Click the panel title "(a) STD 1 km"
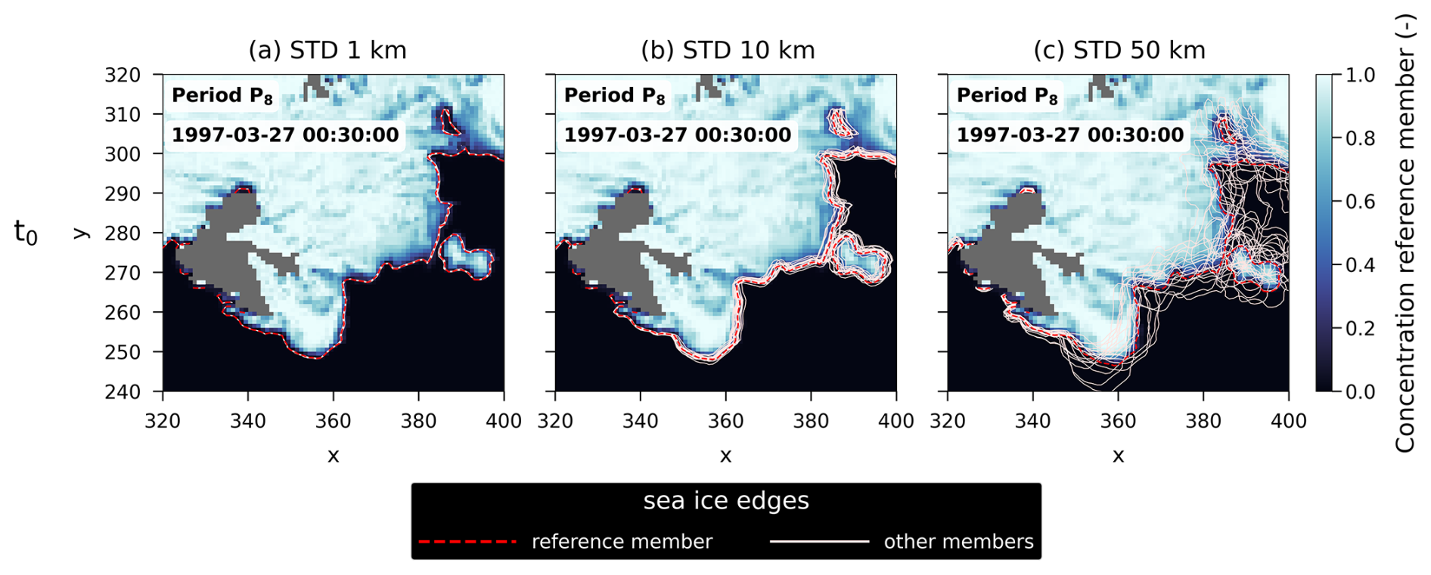(327, 51)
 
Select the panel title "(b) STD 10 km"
(728, 51)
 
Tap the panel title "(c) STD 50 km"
(1119, 51)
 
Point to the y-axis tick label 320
(123, 75)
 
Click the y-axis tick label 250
(123, 352)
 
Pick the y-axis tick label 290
(123, 193)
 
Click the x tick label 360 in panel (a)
(333, 421)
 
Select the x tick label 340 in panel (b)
(640, 421)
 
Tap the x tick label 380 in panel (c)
(1203, 421)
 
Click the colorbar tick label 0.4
(1360, 265)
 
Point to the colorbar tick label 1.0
(1360, 75)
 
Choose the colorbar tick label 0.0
(1360, 391)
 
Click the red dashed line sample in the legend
(467, 542)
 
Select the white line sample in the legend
(819, 542)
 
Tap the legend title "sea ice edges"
(726, 501)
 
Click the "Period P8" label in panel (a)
(222, 96)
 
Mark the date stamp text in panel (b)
(678, 135)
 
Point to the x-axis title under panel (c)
(1118, 456)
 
